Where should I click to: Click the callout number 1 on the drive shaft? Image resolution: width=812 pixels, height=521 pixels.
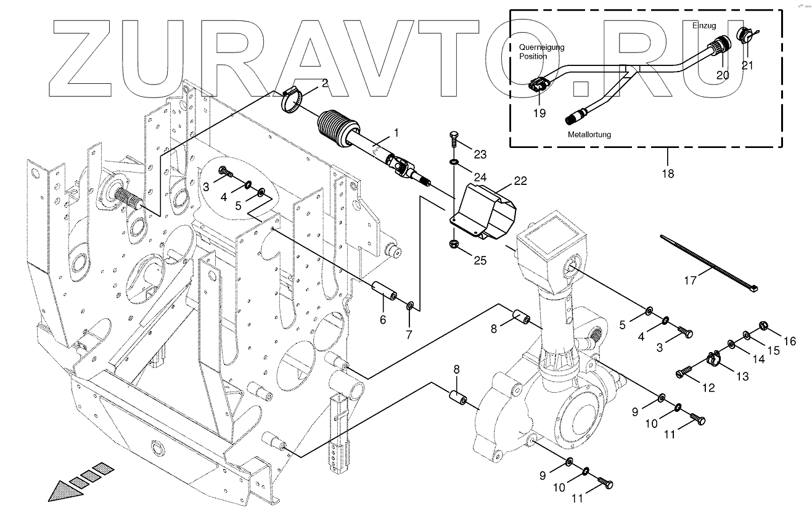tap(396, 133)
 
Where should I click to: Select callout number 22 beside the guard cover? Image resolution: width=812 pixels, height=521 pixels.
tap(521, 181)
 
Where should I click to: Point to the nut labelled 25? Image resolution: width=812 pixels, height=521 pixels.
tap(453, 244)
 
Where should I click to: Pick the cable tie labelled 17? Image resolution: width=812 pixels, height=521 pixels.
tap(709, 262)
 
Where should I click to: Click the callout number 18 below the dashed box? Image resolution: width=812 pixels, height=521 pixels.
tap(668, 174)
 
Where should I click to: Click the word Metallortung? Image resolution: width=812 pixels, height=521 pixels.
tap(590, 134)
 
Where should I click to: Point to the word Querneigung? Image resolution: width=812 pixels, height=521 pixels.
tap(541, 47)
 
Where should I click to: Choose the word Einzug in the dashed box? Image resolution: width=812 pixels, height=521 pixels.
tap(703, 26)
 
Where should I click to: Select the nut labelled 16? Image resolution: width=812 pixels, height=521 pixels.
tap(761, 324)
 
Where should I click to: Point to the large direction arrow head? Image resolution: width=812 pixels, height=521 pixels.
tap(62, 491)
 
